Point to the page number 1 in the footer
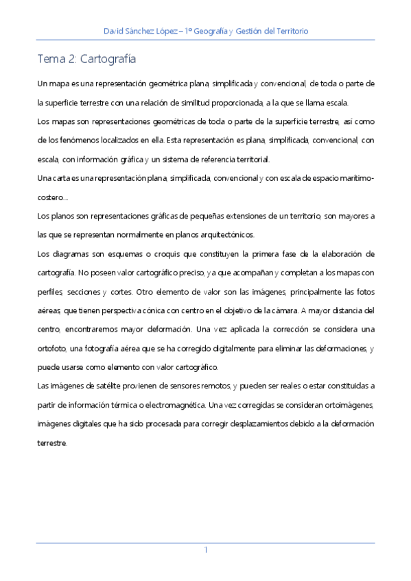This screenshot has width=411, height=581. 205,550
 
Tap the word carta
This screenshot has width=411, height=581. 61,178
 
